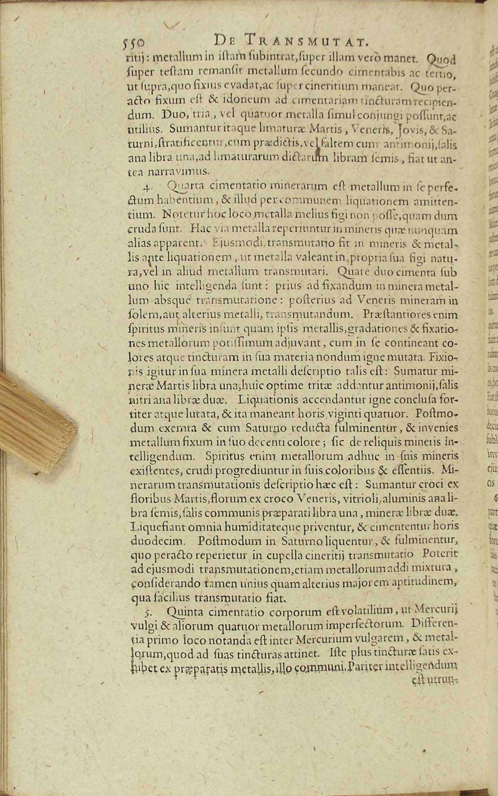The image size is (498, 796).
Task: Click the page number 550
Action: (x=134, y=43)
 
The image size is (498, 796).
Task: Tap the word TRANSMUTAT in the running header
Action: (x=304, y=41)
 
